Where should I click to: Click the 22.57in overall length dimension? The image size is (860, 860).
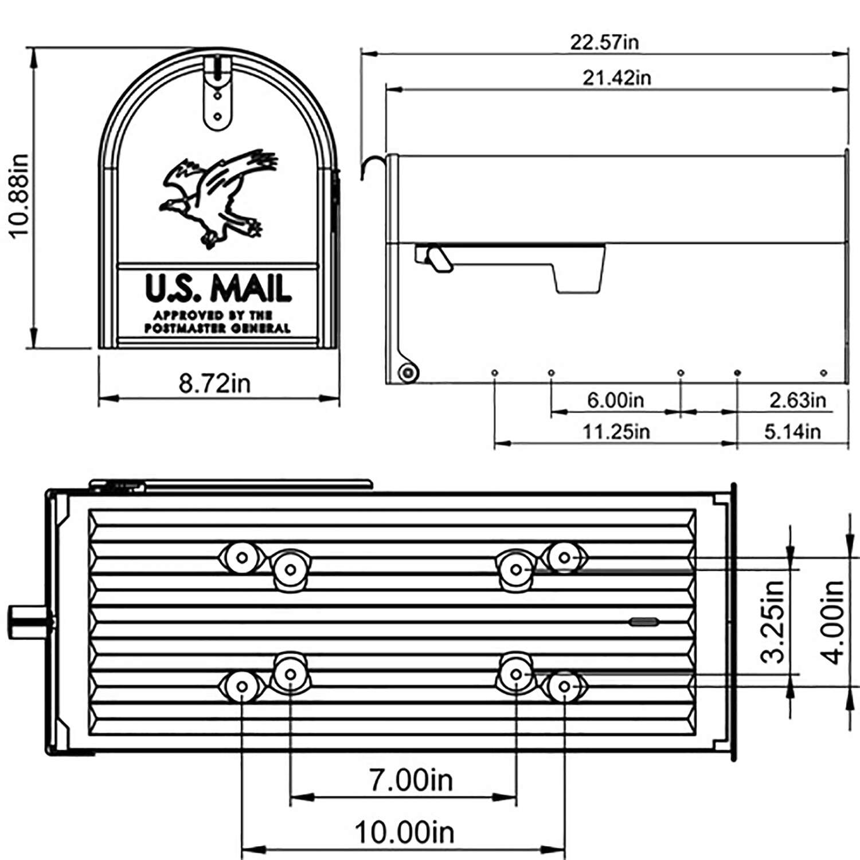point(604,42)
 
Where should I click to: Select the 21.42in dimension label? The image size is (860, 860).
point(616,77)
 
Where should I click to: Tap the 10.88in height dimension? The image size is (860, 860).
point(18,195)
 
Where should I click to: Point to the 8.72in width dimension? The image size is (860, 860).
point(215,383)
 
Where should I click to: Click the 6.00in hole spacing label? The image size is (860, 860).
point(615,400)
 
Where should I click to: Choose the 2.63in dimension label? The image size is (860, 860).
point(798,400)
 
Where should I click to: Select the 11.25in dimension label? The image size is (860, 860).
point(616,431)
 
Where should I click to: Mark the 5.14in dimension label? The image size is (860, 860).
point(792,431)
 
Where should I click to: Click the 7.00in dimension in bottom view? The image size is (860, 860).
point(411,780)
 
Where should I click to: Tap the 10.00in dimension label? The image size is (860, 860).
point(404,832)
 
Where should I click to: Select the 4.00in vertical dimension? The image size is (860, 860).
point(834,621)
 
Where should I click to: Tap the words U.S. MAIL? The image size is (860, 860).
point(218,288)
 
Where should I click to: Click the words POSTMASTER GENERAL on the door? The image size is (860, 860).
point(217,329)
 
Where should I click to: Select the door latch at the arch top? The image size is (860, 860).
point(218,92)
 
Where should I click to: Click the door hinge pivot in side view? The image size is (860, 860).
point(408,373)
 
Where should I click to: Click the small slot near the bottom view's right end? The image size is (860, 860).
point(644,621)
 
